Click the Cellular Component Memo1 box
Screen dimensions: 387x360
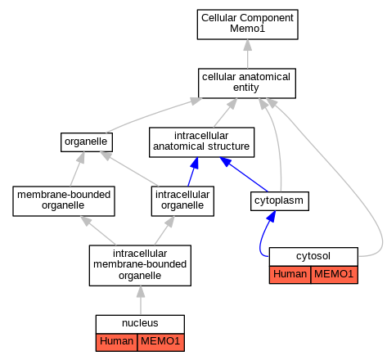point(247,25)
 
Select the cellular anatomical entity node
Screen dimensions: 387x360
point(247,83)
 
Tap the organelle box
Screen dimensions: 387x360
point(87,142)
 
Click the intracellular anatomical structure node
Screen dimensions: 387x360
point(201,142)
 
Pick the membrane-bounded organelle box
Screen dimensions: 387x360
point(64,201)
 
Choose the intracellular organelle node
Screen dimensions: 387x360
point(182,201)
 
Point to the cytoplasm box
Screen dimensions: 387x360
point(280,201)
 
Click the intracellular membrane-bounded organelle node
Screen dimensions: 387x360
point(140,265)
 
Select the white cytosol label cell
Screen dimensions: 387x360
point(313,256)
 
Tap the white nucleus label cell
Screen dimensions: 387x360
point(140,323)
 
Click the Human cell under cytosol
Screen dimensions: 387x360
point(290,275)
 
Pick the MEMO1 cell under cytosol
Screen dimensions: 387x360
point(335,275)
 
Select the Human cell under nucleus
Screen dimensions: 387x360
point(116,342)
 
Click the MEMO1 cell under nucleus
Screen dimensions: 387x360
point(161,342)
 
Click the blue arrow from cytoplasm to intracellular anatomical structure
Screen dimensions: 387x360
point(244,174)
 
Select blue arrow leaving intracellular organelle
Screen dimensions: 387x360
point(193,172)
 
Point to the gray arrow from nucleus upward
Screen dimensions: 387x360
point(141,300)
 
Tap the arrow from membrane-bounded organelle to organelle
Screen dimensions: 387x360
point(77,169)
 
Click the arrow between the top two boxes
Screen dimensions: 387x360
point(248,54)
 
